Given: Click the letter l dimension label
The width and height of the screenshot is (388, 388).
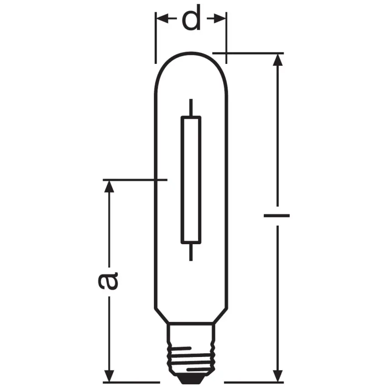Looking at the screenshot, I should (277, 214).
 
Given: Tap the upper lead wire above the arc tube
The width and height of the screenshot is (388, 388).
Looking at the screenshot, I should (190, 107).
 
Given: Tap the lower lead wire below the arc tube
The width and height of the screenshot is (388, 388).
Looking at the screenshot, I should (190, 252).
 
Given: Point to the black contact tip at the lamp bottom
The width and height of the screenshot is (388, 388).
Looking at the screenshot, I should (191, 378).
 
